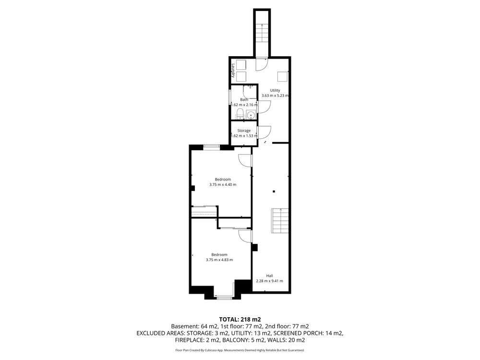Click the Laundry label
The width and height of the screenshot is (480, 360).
pos(233,70)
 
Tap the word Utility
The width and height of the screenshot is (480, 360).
pos(275,90)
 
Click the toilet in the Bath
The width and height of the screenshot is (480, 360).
pos(240,113)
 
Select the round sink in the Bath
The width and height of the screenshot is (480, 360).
pos(252,115)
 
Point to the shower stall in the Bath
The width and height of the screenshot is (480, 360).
pos(250,92)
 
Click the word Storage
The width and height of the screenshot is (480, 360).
pos(244,131)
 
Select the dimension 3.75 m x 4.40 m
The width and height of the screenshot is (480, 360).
pos(223,185)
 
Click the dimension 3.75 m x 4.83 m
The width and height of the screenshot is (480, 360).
pos(219,260)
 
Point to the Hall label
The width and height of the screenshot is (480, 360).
pos(269,276)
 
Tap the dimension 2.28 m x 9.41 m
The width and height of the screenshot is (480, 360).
pos(269,281)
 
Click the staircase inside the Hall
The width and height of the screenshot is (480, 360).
pos(280,221)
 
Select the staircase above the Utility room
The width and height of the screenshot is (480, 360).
pos(262,34)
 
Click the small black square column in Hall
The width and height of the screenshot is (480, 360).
pos(274,192)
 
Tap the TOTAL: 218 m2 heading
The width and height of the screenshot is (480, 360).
pos(240,320)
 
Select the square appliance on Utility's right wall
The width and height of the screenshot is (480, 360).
pos(283,76)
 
